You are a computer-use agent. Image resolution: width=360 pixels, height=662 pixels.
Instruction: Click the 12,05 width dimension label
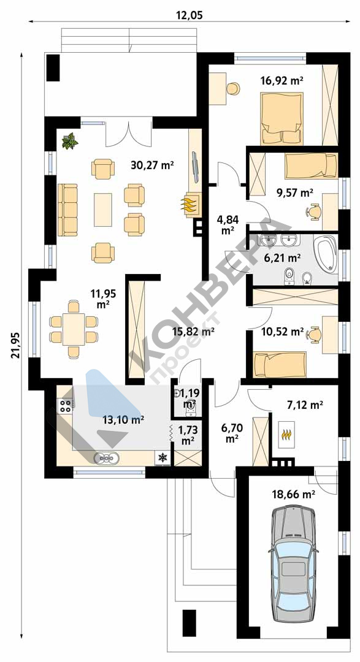pyautogui.click(x=190, y=15)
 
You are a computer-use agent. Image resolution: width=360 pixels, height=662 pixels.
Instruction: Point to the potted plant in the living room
pyautogui.click(x=69, y=140)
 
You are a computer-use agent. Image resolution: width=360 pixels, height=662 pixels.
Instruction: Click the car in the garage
pyautogui.click(x=293, y=565)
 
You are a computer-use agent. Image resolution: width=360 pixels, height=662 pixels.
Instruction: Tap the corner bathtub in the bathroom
pyautogui.click(x=326, y=253)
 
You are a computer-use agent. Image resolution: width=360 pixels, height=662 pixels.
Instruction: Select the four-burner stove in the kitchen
pyautogui.click(x=66, y=406)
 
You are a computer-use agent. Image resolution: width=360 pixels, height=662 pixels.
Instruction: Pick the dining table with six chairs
pyautogui.click(x=74, y=329)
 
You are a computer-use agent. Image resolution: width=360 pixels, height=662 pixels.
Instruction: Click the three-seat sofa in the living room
pyautogui.click(x=67, y=210)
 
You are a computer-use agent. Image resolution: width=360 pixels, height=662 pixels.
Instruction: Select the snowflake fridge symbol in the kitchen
pyautogui.click(x=162, y=457)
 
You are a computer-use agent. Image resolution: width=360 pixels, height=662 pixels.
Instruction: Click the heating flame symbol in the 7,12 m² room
pyautogui.click(x=286, y=433)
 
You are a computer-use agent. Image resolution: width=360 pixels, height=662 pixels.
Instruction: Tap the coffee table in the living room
pyautogui.click(x=102, y=210)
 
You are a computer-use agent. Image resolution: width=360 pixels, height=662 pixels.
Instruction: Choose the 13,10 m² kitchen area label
pyautogui.click(x=123, y=419)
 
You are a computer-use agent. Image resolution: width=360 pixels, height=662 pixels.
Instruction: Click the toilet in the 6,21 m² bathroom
pyautogui.click(x=289, y=275)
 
